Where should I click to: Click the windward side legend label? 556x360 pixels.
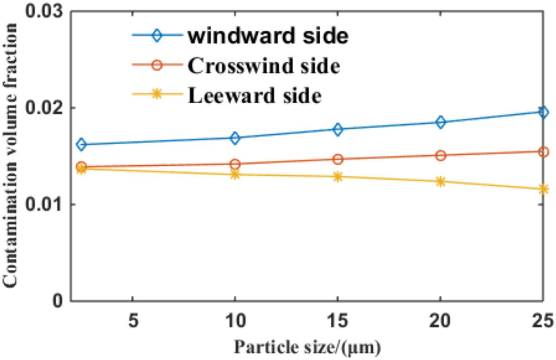pyautogui.click(x=268, y=36)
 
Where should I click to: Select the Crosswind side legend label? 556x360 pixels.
pyautogui.click(x=263, y=66)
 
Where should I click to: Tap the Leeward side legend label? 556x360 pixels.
pyautogui.click(x=254, y=96)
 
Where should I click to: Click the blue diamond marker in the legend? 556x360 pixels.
pyautogui.click(x=157, y=35)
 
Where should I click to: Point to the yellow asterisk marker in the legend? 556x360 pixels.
pyautogui.click(x=157, y=94)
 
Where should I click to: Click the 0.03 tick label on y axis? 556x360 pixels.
pyautogui.click(x=44, y=11)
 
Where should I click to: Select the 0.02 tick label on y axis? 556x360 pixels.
pyautogui.click(x=44, y=108)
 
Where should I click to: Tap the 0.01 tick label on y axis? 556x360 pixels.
pyautogui.click(x=44, y=205)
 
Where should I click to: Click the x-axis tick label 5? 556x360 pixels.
pyautogui.click(x=133, y=320)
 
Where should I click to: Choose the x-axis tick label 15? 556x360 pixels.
pyautogui.click(x=337, y=320)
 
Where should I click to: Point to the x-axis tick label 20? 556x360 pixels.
pyautogui.click(x=440, y=320)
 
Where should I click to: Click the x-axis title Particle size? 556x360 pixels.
pyautogui.click(x=307, y=347)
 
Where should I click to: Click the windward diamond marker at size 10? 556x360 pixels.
pyautogui.click(x=235, y=138)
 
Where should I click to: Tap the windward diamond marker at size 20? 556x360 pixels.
pyautogui.click(x=440, y=122)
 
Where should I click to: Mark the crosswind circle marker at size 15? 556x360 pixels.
pyautogui.click(x=338, y=159)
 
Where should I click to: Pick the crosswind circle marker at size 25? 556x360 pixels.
pyautogui.click(x=543, y=152)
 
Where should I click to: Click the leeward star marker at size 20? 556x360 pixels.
pyautogui.click(x=440, y=182)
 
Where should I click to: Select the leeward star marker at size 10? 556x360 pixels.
pyautogui.click(x=235, y=174)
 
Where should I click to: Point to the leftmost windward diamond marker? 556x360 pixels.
pyautogui.click(x=81, y=144)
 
